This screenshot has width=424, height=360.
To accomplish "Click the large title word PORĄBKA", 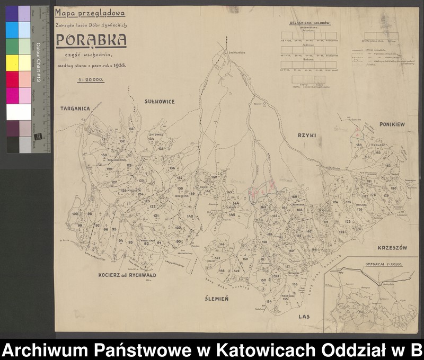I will (x=91, y=40).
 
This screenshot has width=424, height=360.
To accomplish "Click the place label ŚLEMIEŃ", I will (x=216, y=299).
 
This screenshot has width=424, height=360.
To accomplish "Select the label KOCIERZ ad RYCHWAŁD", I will (x=127, y=275).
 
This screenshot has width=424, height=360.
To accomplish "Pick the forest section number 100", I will (x=75, y=214).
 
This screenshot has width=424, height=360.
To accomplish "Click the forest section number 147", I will (x=217, y=257).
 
